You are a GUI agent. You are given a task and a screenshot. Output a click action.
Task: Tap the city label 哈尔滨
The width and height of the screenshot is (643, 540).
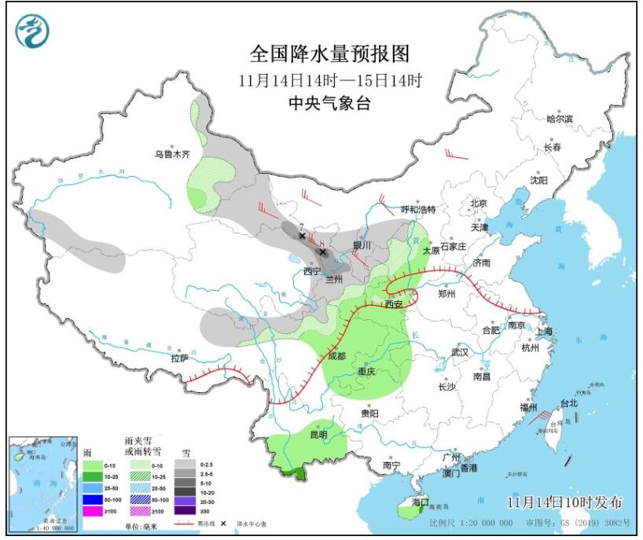click(x=559, y=119)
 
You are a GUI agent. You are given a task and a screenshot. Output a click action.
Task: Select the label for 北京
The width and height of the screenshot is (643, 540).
click(x=479, y=204)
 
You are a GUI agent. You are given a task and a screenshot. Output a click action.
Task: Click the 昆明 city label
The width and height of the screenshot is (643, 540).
click(x=318, y=434)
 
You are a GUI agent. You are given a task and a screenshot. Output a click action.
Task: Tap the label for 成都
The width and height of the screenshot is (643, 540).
click(x=339, y=355)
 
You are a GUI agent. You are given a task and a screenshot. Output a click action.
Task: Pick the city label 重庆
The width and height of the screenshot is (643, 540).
click(x=366, y=371)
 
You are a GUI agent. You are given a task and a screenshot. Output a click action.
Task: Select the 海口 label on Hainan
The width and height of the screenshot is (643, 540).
click(x=420, y=501)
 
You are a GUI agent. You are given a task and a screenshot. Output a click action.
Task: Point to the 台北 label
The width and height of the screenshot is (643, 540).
click(x=568, y=403)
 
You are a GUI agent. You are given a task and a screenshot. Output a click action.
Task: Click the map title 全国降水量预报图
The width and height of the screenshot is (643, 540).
click(x=330, y=53)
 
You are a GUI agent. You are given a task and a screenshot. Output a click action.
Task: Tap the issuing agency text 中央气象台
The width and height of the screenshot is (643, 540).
click(x=329, y=104)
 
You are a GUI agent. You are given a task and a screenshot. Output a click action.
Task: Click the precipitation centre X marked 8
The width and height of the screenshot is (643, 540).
click(x=322, y=252)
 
